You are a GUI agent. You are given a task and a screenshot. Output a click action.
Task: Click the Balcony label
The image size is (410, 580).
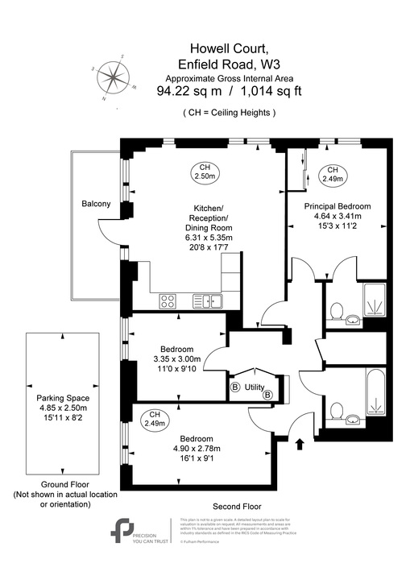(96, 204)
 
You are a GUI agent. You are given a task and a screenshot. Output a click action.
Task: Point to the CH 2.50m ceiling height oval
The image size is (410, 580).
(205, 171)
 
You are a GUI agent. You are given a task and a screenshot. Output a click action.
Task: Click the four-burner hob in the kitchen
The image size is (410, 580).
(168, 301)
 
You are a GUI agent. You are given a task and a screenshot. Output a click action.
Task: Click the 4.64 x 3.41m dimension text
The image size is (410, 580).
(333, 217)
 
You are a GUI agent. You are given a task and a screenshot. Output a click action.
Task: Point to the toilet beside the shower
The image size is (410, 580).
(337, 309)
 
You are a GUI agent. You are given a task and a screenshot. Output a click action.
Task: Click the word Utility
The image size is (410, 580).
(254, 387)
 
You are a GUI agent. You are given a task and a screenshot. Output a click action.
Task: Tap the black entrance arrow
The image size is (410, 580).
(300, 442)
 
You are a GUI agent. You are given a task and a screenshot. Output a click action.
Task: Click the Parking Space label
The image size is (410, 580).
(62, 398)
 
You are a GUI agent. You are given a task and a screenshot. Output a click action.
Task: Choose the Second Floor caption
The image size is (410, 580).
(234, 506)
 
